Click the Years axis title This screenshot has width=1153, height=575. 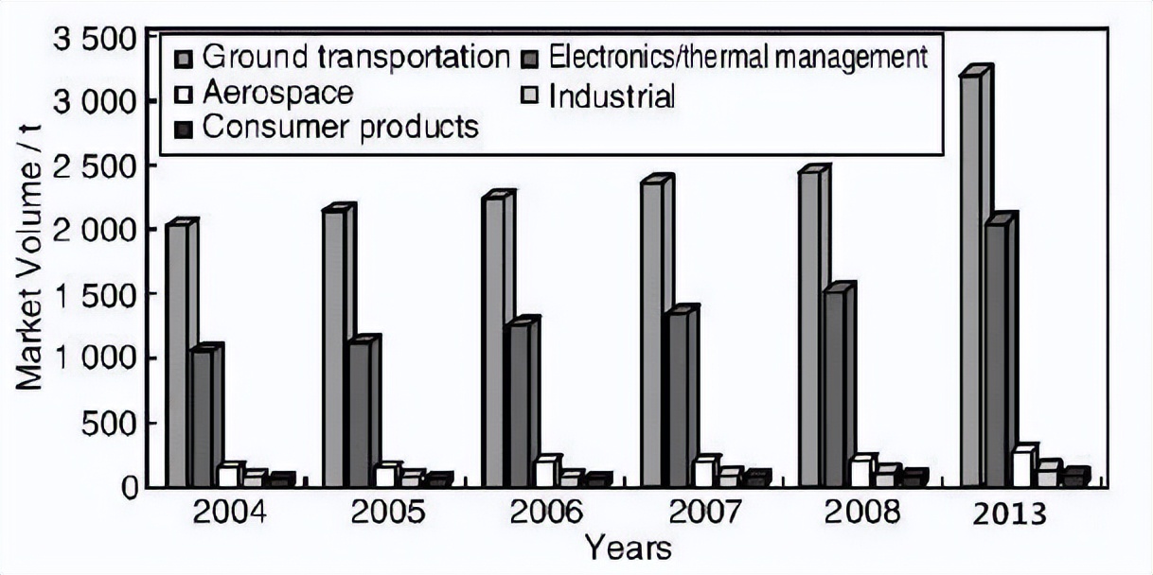pos(628,548)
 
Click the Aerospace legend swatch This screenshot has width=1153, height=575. pos(185,95)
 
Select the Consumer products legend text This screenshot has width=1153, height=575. pos(341,127)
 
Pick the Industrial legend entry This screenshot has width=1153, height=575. pos(612,96)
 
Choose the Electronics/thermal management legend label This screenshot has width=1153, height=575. pos(738,58)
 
